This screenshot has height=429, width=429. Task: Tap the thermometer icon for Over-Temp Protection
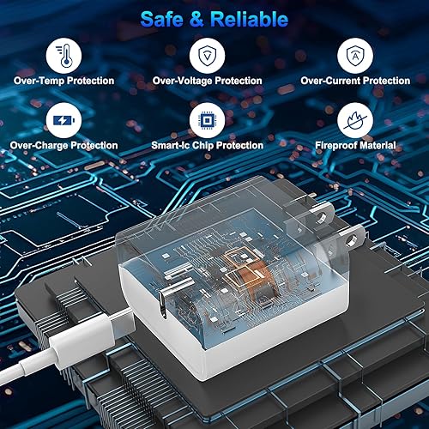(x=63, y=54)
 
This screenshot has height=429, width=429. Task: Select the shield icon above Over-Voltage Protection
(x=207, y=54)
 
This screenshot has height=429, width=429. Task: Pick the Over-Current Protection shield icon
(x=355, y=54)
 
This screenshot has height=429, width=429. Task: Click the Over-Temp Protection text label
(x=63, y=81)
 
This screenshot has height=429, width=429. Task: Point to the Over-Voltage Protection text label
(x=207, y=81)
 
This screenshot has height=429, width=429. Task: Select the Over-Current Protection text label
(x=355, y=81)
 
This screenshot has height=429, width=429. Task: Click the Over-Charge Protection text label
(x=65, y=145)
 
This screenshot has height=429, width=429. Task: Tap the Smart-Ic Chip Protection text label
(x=207, y=145)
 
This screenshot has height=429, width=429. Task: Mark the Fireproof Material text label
(x=354, y=145)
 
